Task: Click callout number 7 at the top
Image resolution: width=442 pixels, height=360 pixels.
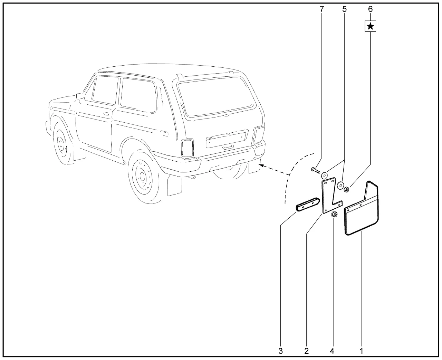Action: [x=321, y=9]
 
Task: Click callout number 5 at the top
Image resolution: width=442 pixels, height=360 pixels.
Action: [x=345, y=9]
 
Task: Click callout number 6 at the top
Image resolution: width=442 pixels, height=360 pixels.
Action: [x=371, y=9]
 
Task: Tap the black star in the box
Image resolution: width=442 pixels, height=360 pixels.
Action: [x=371, y=26]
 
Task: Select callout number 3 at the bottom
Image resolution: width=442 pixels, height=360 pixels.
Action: [x=280, y=351]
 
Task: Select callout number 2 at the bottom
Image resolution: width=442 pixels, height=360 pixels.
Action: [x=307, y=351]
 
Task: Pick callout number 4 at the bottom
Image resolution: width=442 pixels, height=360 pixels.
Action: [x=332, y=351]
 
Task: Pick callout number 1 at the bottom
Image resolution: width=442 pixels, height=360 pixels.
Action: [x=362, y=351]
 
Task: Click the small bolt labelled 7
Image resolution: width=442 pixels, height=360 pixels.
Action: [x=316, y=171]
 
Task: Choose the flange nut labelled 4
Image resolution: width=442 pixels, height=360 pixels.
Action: [x=334, y=215]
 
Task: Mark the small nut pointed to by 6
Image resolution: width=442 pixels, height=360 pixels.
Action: [x=346, y=189]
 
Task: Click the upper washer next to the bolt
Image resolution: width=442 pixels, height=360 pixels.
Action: [x=324, y=175]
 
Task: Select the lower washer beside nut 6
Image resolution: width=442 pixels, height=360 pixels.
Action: [x=340, y=185]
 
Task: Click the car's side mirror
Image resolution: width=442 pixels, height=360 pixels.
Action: [x=80, y=96]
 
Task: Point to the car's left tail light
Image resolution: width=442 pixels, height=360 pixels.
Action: [x=187, y=148]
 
